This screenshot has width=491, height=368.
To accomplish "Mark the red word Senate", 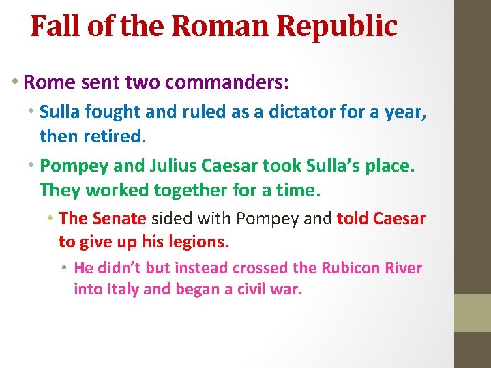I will [119, 219].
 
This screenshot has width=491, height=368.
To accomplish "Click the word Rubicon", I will [352, 268].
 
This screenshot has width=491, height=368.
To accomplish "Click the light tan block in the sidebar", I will [473, 313].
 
